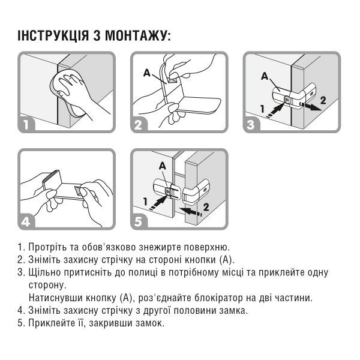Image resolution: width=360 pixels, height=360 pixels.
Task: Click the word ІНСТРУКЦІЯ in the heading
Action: [53, 35]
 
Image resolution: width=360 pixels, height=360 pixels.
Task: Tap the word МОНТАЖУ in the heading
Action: [136, 35]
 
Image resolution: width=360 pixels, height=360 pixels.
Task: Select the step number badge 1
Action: [26, 125]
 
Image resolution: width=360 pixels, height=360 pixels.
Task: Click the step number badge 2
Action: [139, 125]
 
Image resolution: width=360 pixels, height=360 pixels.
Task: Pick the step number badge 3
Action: [251, 125]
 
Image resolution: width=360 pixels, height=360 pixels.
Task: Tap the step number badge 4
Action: [26, 222]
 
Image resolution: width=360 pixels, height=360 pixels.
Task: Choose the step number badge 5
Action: [139, 222]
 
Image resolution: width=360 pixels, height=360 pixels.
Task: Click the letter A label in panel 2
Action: [147, 73]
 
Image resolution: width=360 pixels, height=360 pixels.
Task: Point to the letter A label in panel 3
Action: [265, 76]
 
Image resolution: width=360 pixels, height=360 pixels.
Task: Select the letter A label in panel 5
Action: [163, 166]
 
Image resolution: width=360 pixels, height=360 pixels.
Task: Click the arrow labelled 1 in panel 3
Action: [276, 110]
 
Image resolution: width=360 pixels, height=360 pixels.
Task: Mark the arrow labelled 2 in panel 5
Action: [191, 211]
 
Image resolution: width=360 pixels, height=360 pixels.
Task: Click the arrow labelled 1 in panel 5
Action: [158, 203]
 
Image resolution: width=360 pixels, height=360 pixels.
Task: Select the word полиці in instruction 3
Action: [143, 273]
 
